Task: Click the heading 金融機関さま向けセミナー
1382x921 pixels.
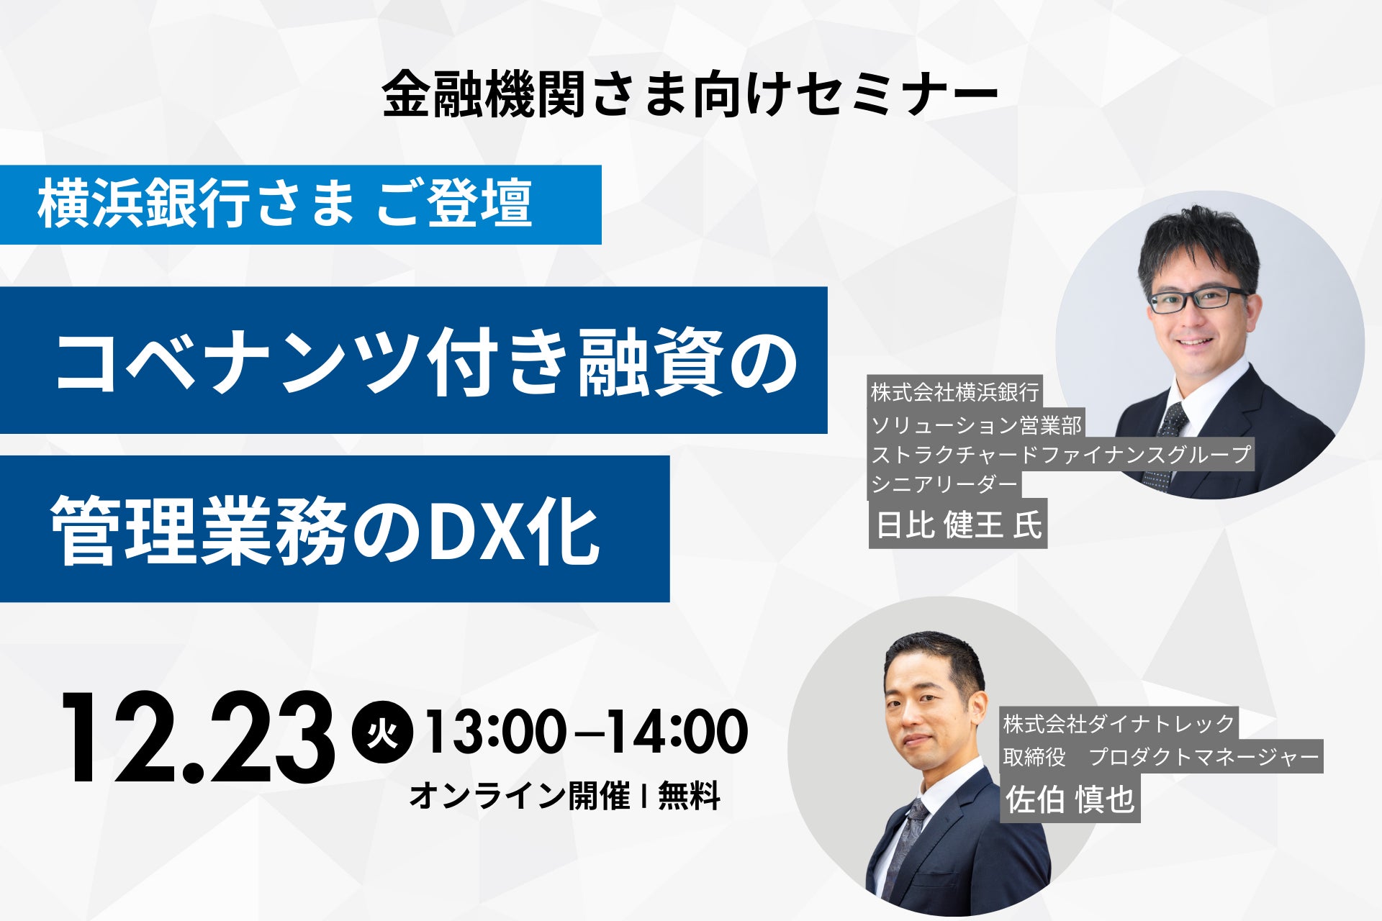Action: tap(690, 94)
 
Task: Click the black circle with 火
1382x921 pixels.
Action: tap(382, 732)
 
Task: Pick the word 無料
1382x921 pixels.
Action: tap(689, 796)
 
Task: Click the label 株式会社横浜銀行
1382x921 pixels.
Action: tap(954, 393)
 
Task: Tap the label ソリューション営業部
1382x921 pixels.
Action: tap(976, 425)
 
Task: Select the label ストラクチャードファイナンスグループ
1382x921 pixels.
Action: tap(1061, 455)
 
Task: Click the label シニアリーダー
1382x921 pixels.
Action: tap(944, 484)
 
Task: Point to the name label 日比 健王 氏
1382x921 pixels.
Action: tap(958, 524)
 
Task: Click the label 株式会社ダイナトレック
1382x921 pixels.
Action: tap(1119, 724)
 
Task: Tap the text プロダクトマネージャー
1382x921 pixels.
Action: tap(1203, 757)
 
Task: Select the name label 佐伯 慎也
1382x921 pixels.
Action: tap(1070, 799)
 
